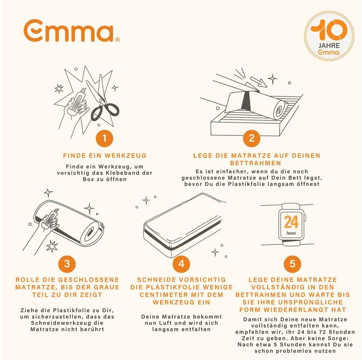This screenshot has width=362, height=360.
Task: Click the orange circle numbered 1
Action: (104, 138)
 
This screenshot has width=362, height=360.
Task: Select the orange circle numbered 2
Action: (252, 138)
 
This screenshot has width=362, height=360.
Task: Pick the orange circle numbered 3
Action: (67, 264)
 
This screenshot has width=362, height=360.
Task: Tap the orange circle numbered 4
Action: (181, 264)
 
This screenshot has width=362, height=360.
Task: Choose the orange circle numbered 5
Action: (292, 264)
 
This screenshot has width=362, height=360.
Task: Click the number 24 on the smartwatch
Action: (291, 222)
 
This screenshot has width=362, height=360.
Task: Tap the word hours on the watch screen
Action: (291, 233)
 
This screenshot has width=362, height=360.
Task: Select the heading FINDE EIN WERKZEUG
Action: (105, 156)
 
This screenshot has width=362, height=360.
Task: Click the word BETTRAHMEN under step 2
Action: (256, 163)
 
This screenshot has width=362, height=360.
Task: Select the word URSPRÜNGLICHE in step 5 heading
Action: (311, 302)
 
